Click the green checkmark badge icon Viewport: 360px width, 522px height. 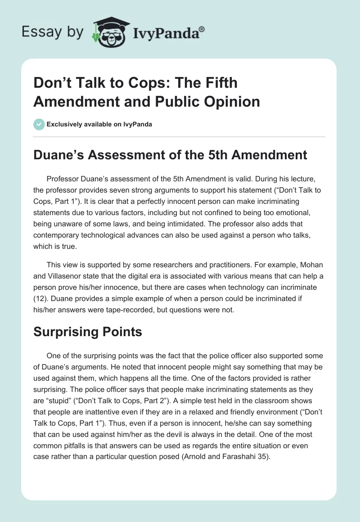[x=39, y=124]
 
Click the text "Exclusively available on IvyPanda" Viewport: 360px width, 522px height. [x=99, y=124]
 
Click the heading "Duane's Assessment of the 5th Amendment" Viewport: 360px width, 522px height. [x=170, y=155]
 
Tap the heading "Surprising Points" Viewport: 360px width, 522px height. [x=88, y=332]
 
